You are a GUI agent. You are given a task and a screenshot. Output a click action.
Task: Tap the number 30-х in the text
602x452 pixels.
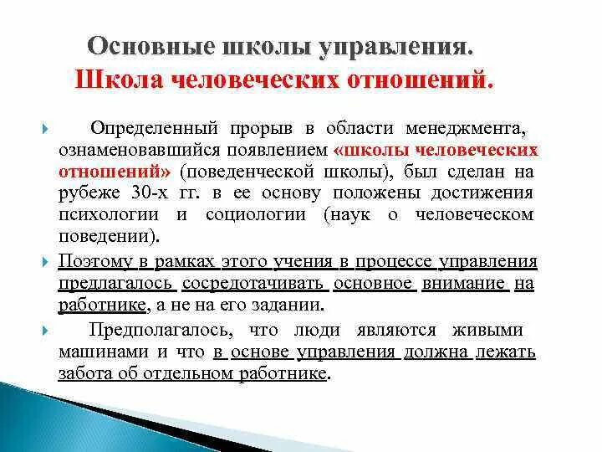click(164, 193)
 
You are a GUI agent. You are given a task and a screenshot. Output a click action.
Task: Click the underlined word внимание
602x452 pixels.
click(462, 283)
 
